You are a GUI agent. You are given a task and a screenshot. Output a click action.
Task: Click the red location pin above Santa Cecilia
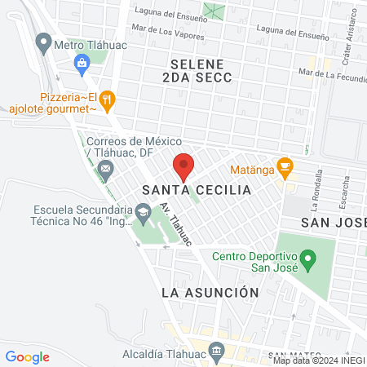[183, 166]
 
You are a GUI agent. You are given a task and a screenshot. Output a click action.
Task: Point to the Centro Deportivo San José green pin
[307, 261]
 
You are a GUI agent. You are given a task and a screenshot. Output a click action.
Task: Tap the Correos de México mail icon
[105, 169]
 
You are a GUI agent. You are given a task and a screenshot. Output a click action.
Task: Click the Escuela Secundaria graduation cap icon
[144, 214]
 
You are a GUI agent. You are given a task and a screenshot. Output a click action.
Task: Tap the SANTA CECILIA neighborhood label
[194, 190]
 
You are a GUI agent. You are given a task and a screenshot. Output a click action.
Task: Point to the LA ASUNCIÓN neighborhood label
[210, 292]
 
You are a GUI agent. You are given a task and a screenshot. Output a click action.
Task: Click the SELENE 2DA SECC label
[201, 70]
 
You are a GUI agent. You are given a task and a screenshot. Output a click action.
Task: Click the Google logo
[28, 356]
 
